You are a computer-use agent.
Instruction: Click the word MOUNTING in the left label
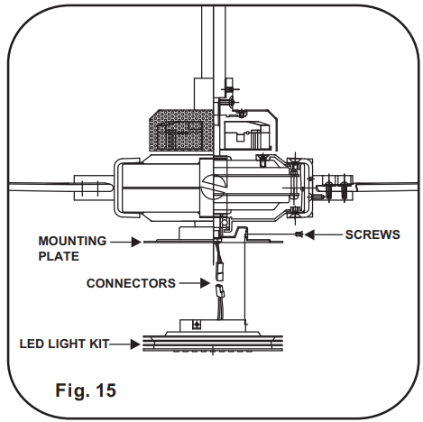[71, 241]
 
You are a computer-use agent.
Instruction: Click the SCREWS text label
[372, 234]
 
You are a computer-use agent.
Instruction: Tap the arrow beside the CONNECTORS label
[194, 283]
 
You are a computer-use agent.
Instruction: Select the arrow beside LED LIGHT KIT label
[131, 343]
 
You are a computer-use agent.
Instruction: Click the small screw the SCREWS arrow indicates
[299, 234]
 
